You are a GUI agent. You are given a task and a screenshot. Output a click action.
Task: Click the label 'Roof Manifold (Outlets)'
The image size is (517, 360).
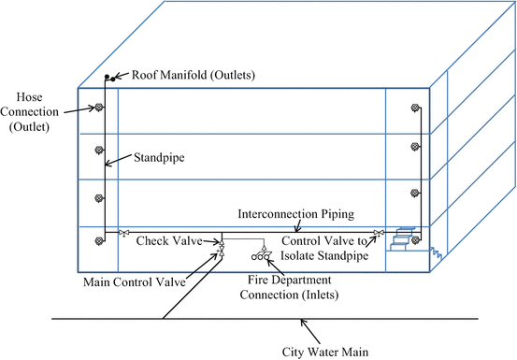(194, 75)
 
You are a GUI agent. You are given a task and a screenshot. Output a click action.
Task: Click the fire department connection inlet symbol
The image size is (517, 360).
(258, 255)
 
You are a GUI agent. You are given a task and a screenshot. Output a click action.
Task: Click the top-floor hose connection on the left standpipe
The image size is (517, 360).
(97, 108)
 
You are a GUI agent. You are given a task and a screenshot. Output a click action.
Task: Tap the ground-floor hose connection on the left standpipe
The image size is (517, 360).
(97, 241)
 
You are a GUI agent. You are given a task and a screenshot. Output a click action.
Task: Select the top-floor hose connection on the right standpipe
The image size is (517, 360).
(414, 109)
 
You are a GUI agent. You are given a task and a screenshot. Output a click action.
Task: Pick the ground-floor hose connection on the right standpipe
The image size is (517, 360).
(414, 241)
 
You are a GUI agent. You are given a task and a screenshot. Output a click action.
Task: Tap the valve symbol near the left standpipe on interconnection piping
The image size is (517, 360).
(122, 233)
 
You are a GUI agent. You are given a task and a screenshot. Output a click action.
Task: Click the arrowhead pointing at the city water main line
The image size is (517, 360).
(301, 323)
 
